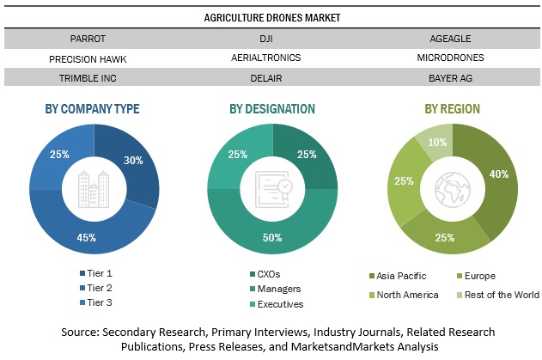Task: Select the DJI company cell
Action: pyautogui.click(x=271, y=38)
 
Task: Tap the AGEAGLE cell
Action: pyautogui.click(x=450, y=38)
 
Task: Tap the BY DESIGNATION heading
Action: pyautogui.click(x=271, y=108)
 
